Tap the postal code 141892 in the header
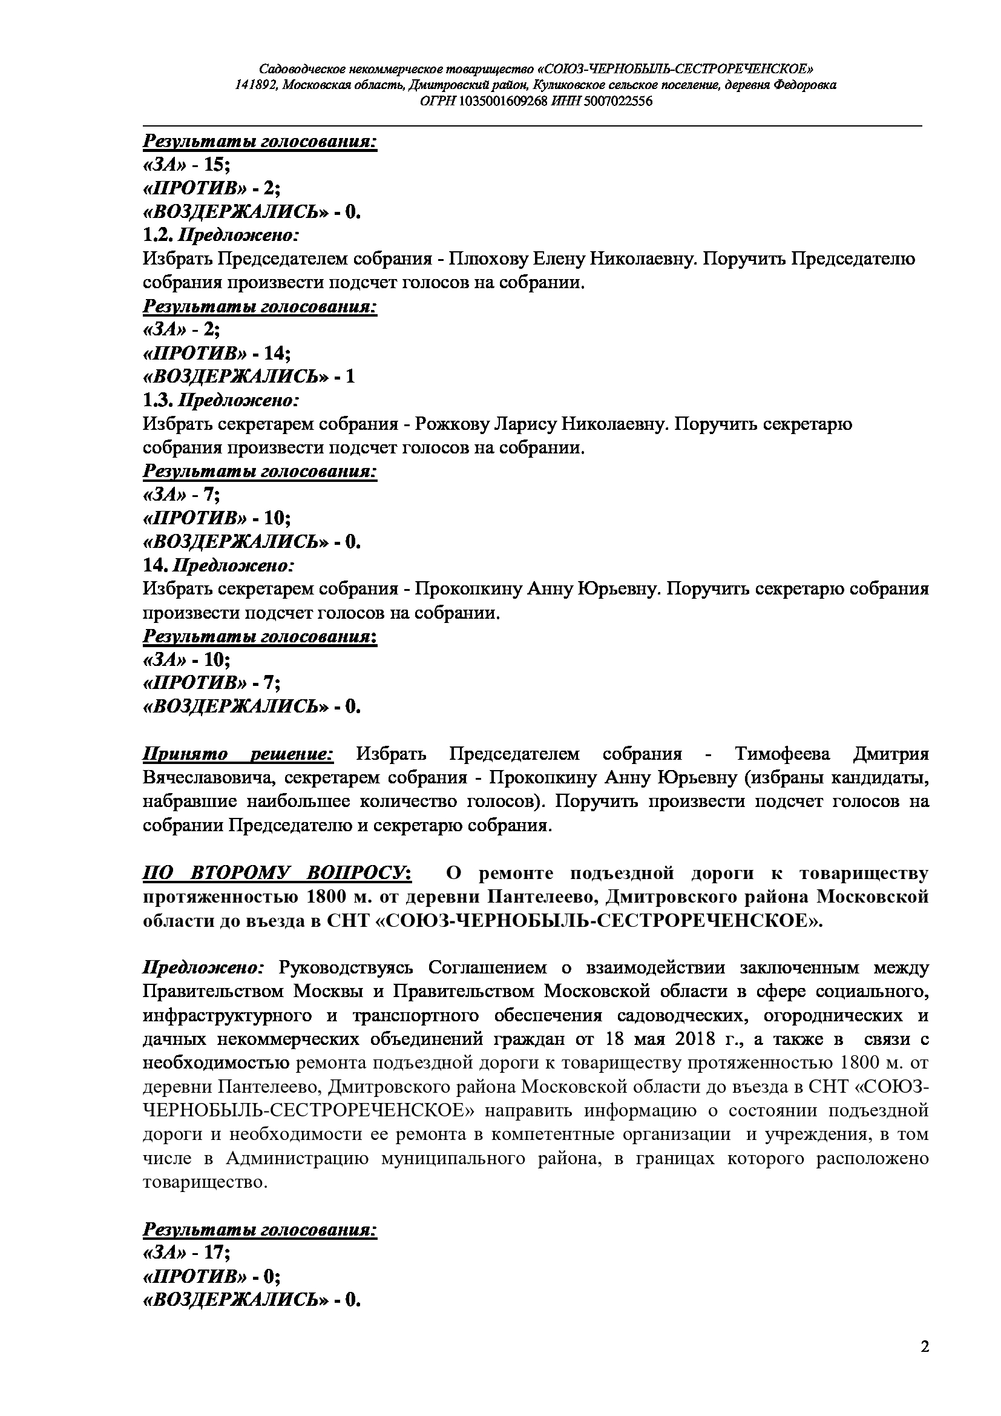point(255,85)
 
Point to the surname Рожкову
point(452,424)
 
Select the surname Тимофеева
point(782,754)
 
